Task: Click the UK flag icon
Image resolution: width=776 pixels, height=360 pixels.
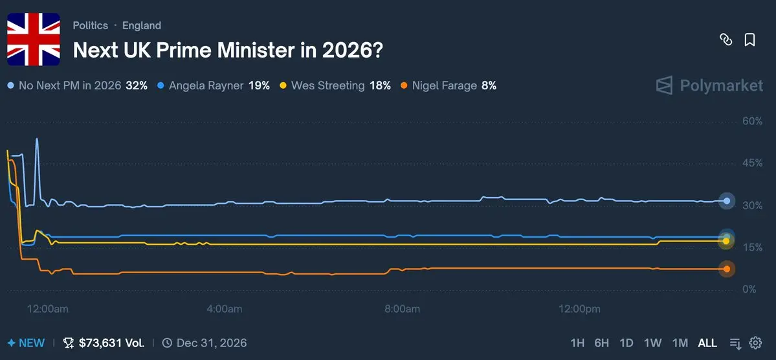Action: pyautogui.click(x=33, y=39)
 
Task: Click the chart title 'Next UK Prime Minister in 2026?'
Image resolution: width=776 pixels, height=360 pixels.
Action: pyautogui.click(x=227, y=50)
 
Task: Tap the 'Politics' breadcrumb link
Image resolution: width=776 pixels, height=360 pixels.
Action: pyautogui.click(x=91, y=25)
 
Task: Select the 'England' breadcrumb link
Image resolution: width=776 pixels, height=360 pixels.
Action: pyautogui.click(x=142, y=25)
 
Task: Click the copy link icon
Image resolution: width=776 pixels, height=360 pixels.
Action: pyautogui.click(x=726, y=39)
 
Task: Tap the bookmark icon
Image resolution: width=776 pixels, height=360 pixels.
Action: pyautogui.click(x=749, y=39)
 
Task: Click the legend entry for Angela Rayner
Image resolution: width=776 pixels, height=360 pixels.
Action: pyautogui.click(x=214, y=85)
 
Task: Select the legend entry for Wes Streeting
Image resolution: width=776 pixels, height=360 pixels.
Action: pyautogui.click(x=335, y=85)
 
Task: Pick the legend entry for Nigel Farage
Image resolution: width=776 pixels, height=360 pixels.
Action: pyautogui.click(x=449, y=85)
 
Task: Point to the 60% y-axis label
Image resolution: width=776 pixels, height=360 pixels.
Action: pyautogui.click(x=752, y=121)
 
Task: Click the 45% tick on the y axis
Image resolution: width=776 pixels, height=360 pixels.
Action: pyautogui.click(x=752, y=163)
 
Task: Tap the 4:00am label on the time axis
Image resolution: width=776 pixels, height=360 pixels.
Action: pyautogui.click(x=224, y=309)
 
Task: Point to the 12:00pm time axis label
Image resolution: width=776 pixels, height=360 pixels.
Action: pyautogui.click(x=579, y=309)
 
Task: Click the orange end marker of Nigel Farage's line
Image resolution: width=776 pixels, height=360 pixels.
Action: pyautogui.click(x=727, y=269)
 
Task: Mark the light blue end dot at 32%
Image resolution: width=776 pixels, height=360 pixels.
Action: pyautogui.click(x=727, y=201)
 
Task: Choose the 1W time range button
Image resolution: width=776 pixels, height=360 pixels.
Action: pyautogui.click(x=653, y=343)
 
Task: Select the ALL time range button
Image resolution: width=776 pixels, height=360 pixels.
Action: pyautogui.click(x=707, y=343)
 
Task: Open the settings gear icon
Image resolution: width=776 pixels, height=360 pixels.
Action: pyautogui.click(x=755, y=343)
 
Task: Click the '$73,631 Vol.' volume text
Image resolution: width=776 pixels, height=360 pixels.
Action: pyautogui.click(x=111, y=343)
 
